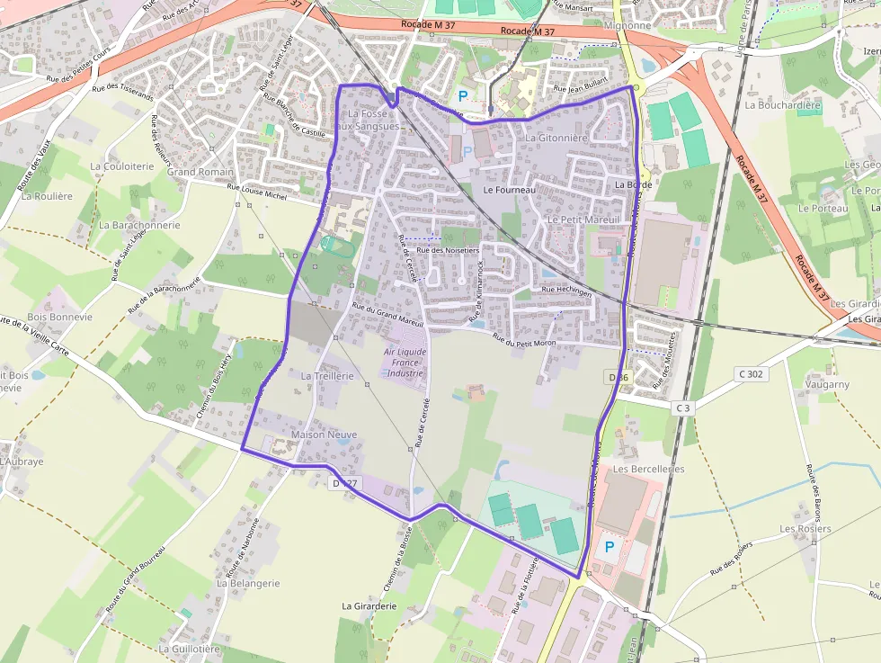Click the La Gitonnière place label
pyautogui.click(x=556, y=139)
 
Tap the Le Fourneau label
pyautogui.click(x=509, y=191)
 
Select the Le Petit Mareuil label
pyautogui.click(x=583, y=220)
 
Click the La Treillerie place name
pyautogui.click(x=327, y=376)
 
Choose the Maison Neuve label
pyautogui.click(x=324, y=435)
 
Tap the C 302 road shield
pyautogui.click(x=752, y=373)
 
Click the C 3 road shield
pyautogui.click(x=684, y=408)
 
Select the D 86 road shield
pyautogui.click(x=618, y=378)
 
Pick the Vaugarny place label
pyautogui.click(x=827, y=384)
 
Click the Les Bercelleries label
pyautogui.click(x=648, y=470)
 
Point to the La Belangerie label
pyautogui.click(x=248, y=583)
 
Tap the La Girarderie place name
pyautogui.click(x=369, y=606)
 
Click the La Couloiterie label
pyautogui.click(x=122, y=166)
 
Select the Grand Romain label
pyautogui.click(x=200, y=172)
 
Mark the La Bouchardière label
pyautogui.click(x=783, y=105)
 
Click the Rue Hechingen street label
pyautogui.click(x=566, y=291)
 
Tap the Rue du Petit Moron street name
pyautogui.click(x=524, y=340)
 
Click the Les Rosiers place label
pyautogui.click(x=805, y=529)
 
